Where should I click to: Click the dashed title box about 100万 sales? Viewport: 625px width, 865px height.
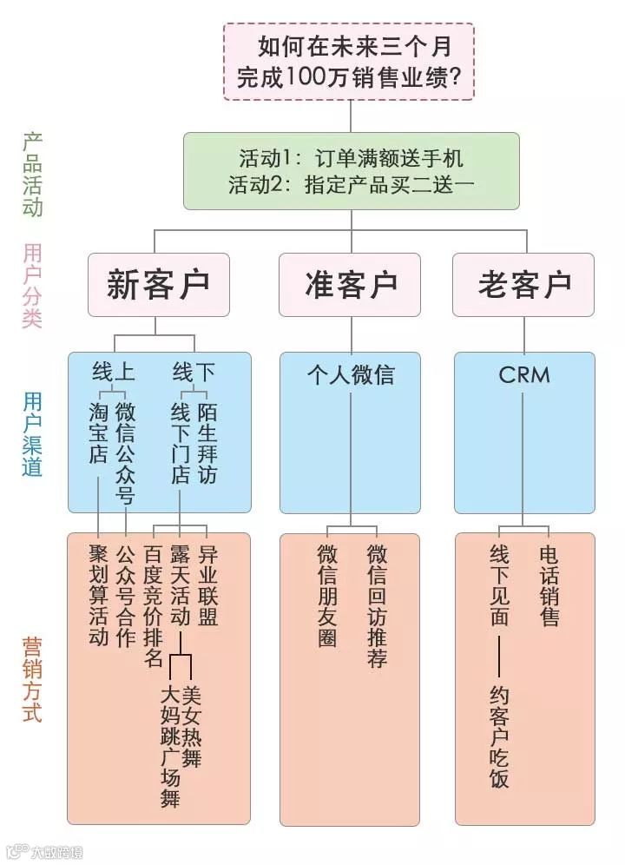pos(349,61)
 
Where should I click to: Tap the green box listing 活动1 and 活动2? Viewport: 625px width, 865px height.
pos(351,170)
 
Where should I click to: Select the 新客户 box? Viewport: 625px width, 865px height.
pos(158,285)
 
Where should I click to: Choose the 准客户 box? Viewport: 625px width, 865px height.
pos(350,285)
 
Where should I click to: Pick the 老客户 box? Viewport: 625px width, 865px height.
pos(523,285)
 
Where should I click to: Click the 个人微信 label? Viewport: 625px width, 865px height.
pos(350,374)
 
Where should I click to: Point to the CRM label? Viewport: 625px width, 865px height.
pos(523,374)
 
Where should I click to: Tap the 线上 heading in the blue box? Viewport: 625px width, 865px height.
pos(114,372)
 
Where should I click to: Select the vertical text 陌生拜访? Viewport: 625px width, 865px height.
pos(207,442)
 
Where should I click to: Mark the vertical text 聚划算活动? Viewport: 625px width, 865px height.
pos(98,596)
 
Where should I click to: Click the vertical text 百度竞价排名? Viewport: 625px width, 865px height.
pos(153,606)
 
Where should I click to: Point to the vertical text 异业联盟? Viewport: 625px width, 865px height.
pos(207,585)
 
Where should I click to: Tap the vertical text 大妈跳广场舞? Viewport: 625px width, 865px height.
pos(170,747)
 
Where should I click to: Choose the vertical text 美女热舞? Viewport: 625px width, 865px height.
pos(192,726)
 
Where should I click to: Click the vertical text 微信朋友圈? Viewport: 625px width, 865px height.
pos(327,596)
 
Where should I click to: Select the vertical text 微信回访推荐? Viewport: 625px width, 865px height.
pos(377,606)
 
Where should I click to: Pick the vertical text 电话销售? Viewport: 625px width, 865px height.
pos(549,585)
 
